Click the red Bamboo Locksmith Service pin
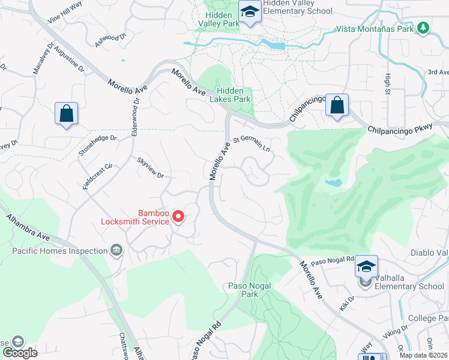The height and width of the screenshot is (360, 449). point(178,216)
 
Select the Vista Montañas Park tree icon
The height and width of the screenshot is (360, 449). point(423,28)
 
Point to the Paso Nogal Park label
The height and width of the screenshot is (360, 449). point(243,290)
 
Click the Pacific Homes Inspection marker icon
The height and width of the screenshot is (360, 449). point(116,250)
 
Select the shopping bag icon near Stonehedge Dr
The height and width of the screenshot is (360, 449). point(66,113)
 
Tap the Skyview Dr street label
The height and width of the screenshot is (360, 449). point(150,167)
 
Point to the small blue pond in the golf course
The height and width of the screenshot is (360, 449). point(333,182)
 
